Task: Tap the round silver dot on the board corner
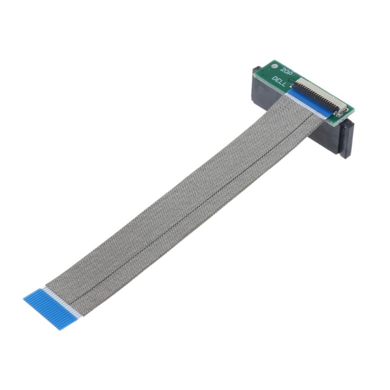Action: pos(274,65)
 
